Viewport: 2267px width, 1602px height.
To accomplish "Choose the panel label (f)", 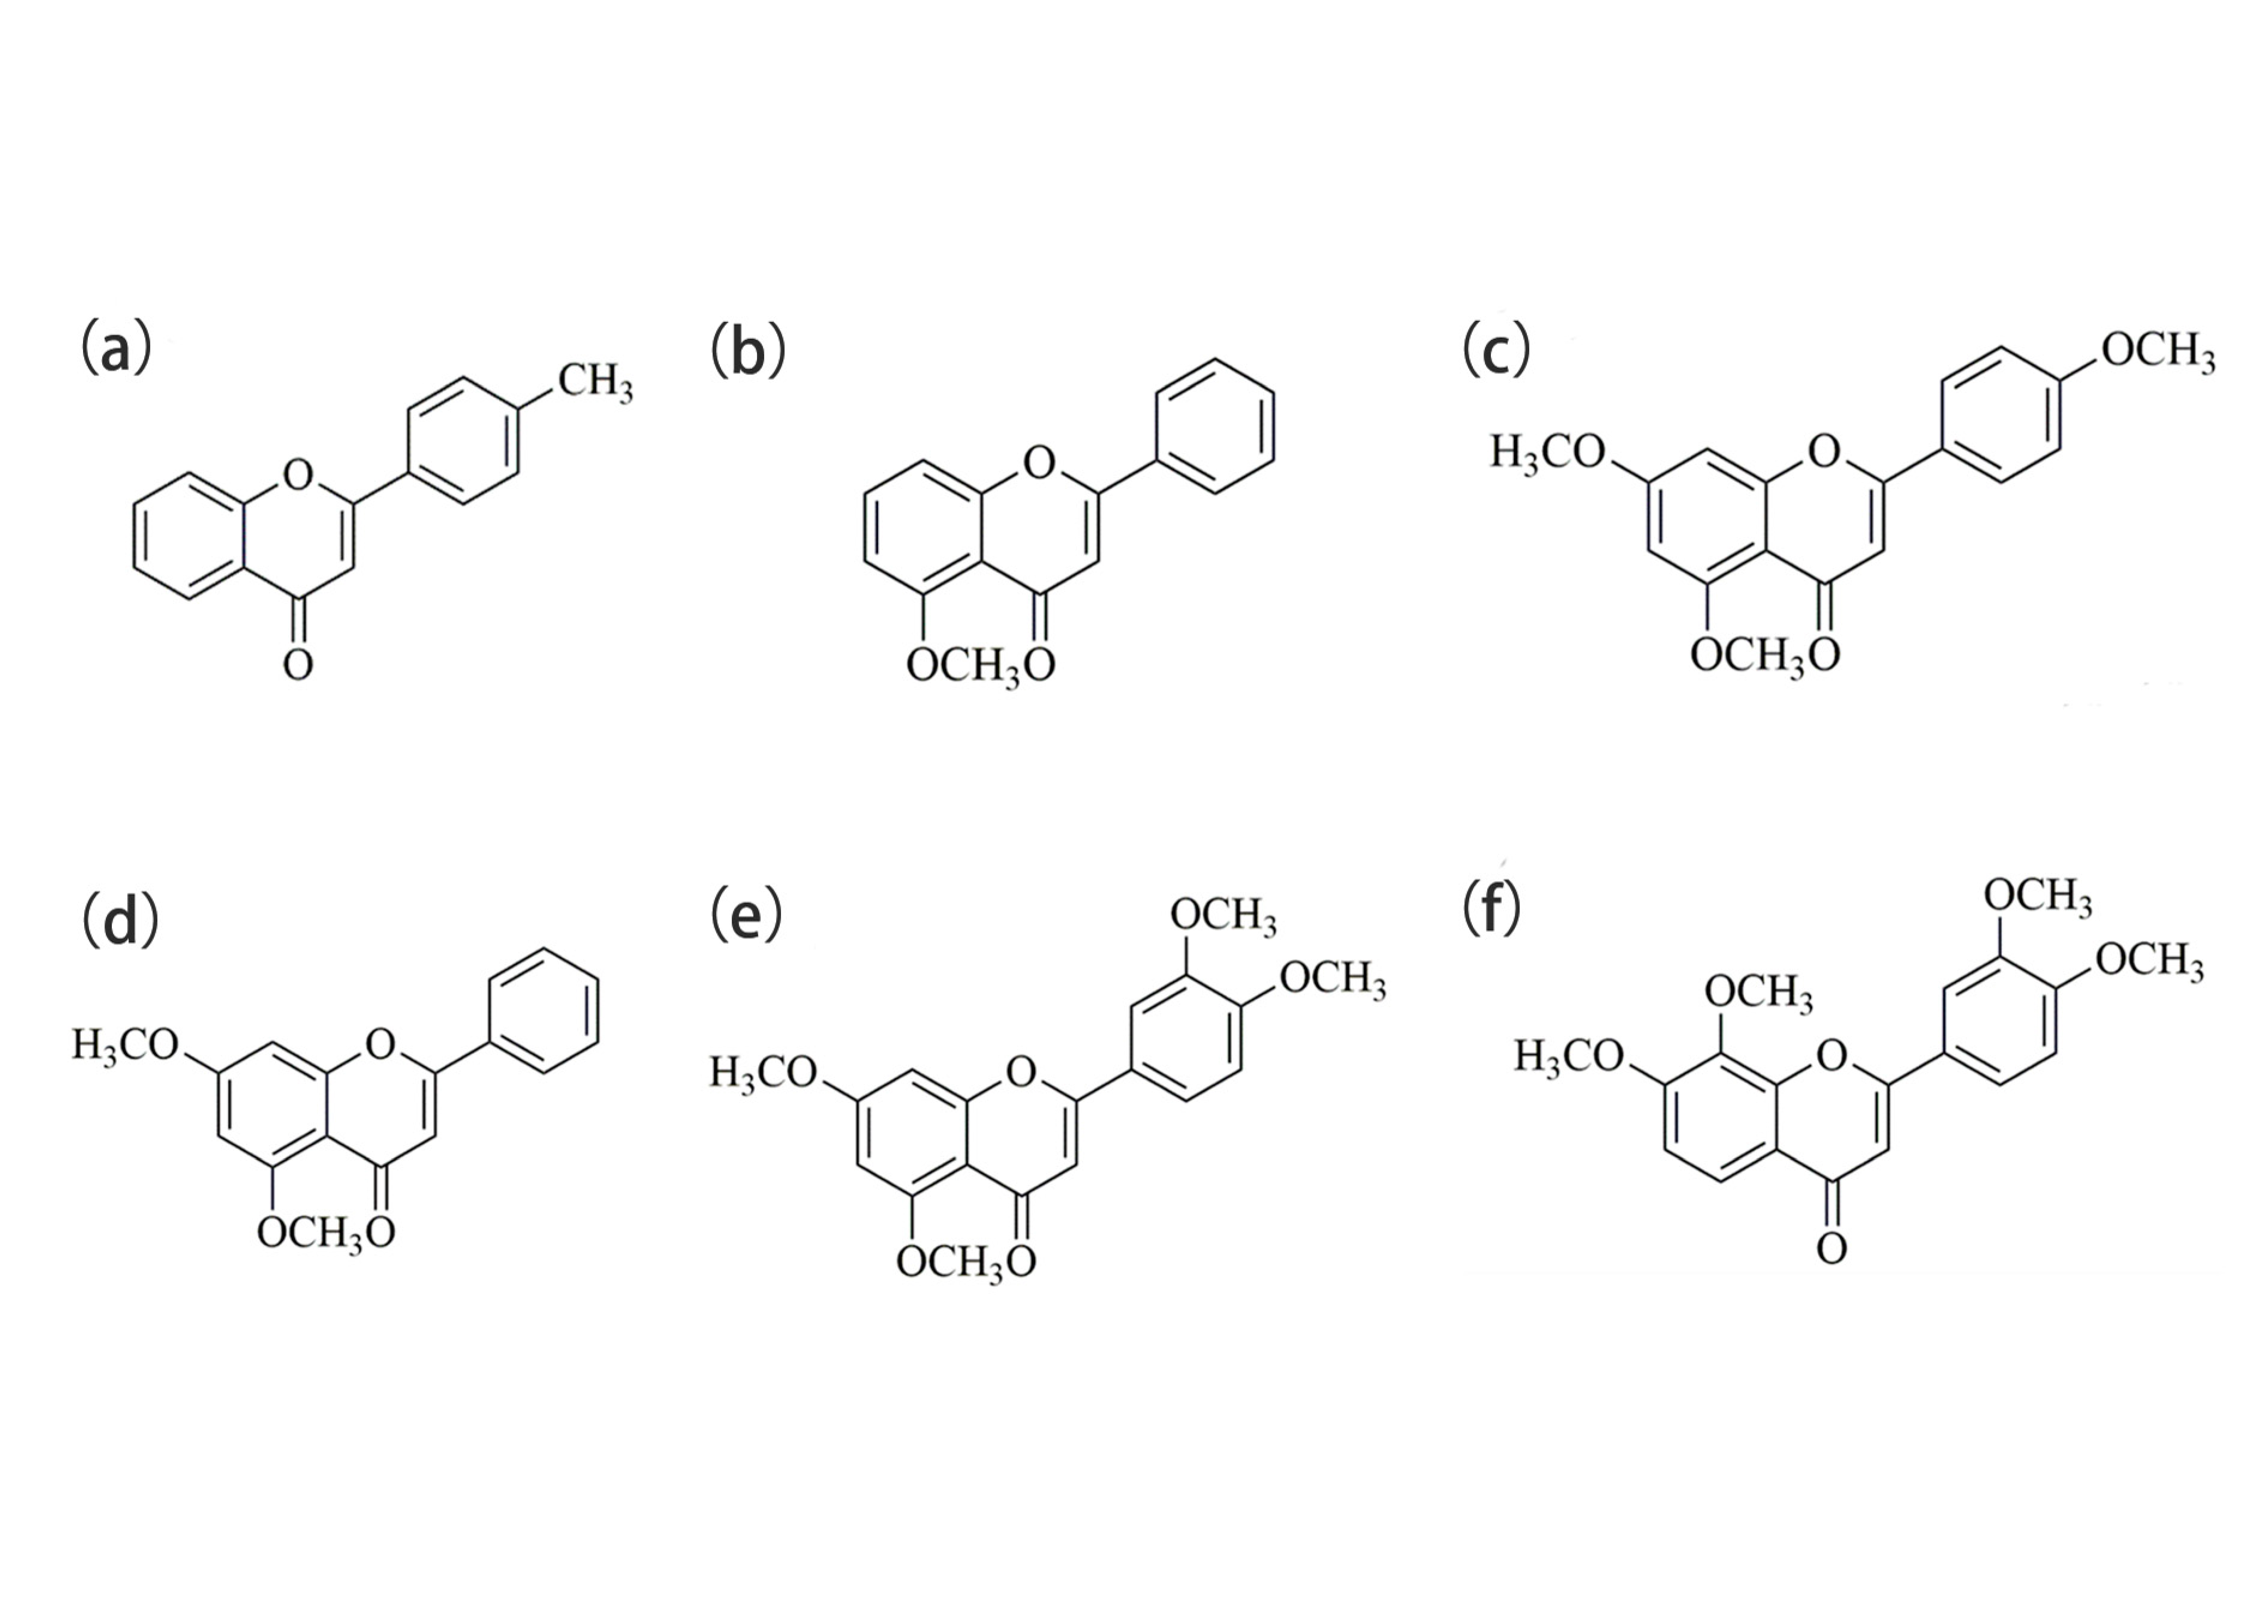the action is pos(1491,910).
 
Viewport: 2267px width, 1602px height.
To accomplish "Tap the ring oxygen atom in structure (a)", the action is pos(297,475).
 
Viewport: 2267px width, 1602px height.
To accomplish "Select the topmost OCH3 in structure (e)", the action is pos(1223,916).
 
